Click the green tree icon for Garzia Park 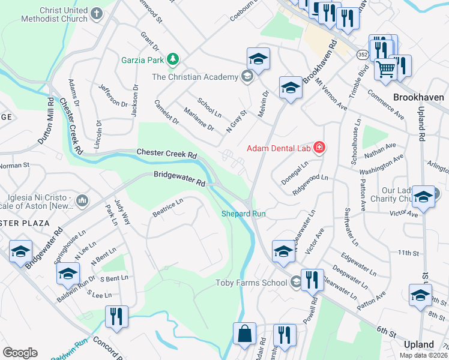coord(173,59)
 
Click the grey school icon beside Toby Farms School coord(296,282)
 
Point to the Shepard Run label coord(243,214)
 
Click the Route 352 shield coord(362,55)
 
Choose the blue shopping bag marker coord(245,334)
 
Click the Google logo coord(20,353)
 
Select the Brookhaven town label coord(418,97)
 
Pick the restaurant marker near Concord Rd coord(116,316)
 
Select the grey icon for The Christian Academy coord(246,76)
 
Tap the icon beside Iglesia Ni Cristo coord(82,199)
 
